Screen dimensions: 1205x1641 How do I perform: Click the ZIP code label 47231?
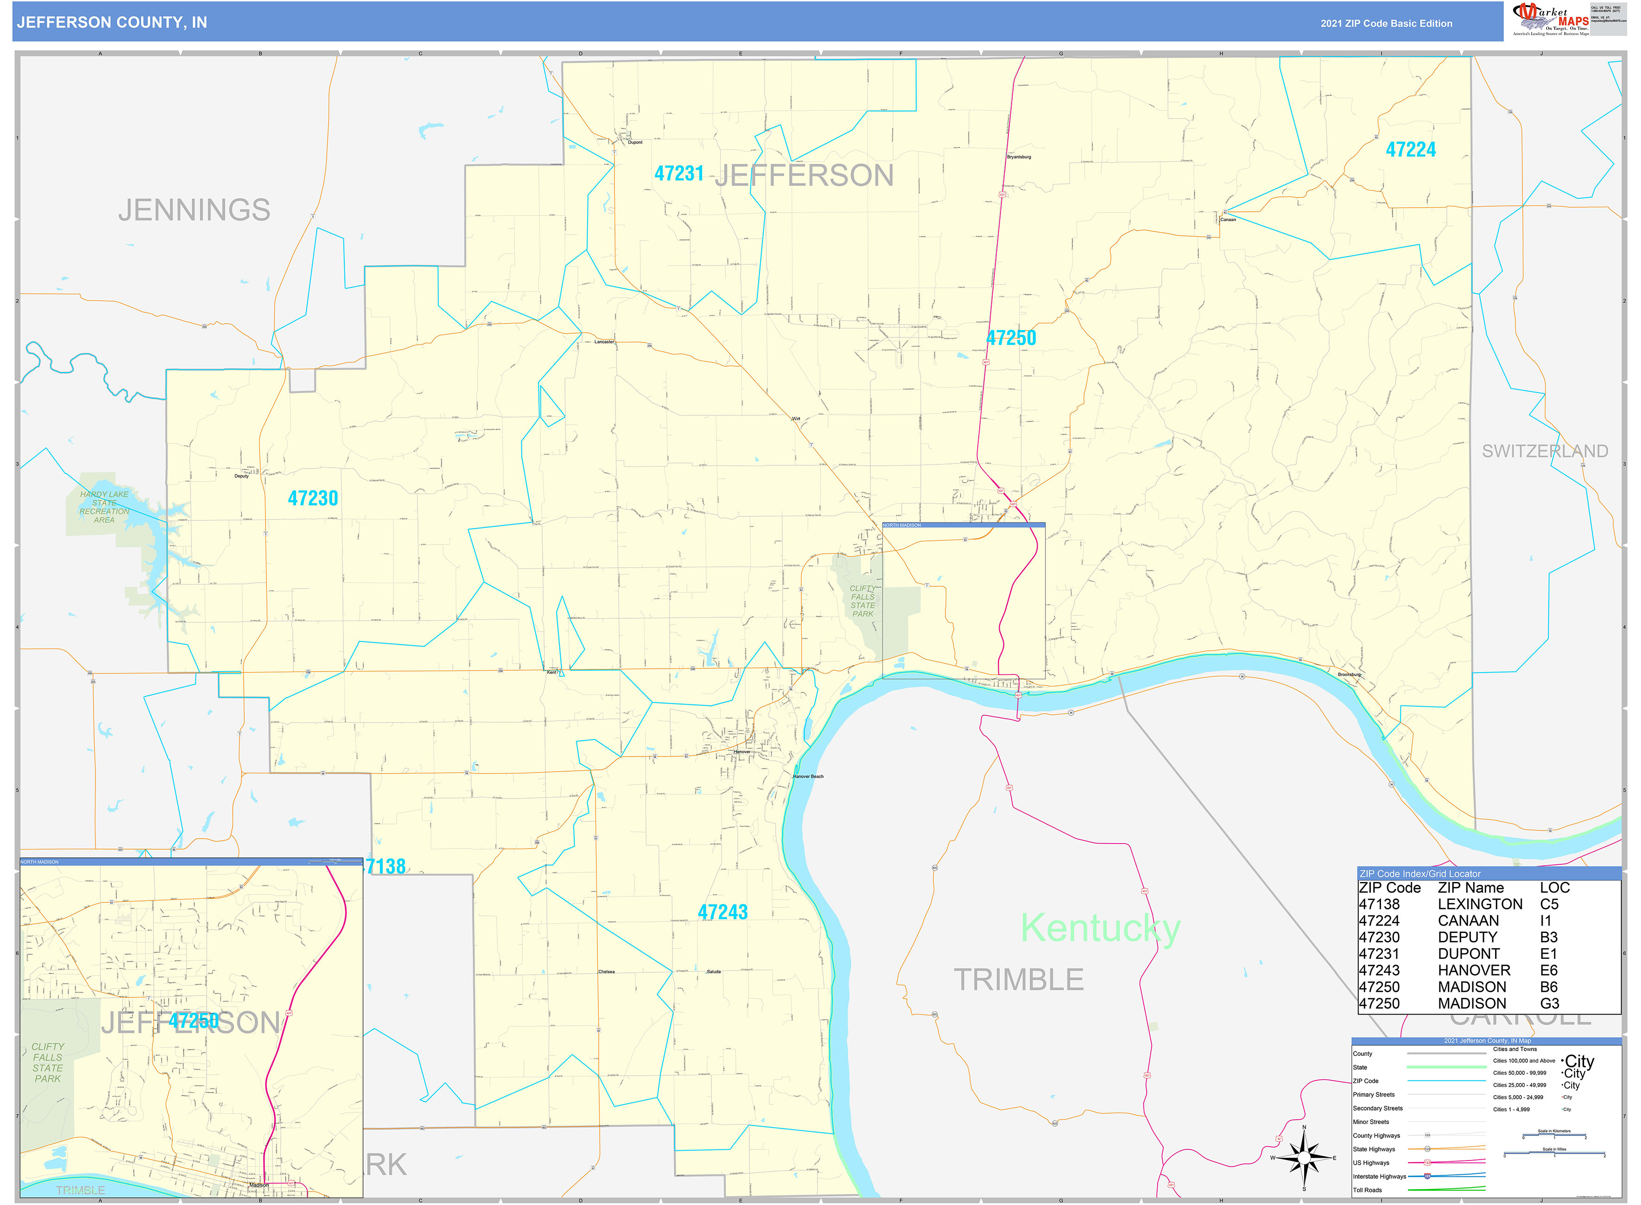pyautogui.click(x=678, y=174)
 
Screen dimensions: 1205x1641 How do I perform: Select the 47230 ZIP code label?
pyautogui.click(x=313, y=498)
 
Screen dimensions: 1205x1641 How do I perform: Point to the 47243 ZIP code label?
pyautogui.click(x=723, y=912)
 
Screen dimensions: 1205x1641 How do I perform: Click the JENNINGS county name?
pyautogui.click(x=194, y=210)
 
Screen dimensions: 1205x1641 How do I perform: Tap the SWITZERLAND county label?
pyautogui.click(x=1544, y=451)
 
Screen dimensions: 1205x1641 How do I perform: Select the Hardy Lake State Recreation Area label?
pyautogui.click(x=104, y=507)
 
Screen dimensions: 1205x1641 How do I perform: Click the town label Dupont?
pyautogui.click(x=634, y=142)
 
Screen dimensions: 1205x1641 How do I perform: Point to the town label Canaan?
pyautogui.click(x=1228, y=220)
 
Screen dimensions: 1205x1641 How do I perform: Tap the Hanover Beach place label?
pyautogui.click(x=808, y=776)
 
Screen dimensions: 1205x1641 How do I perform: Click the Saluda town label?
pyautogui.click(x=713, y=971)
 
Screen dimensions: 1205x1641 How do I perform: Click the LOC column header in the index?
pyautogui.click(x=1554, y=888)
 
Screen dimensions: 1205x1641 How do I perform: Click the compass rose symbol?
pyautogui.click(x=1304, y=1158)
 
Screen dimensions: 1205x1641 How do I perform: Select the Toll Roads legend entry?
pyautogui.click(x=1368, y=1190)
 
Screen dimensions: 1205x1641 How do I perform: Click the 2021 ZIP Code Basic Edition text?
pyautogui.click(x=1386, y=23)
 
